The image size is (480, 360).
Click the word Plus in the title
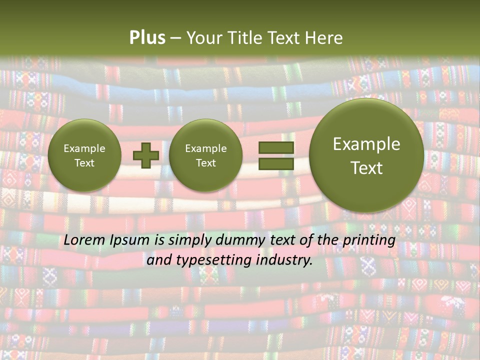(x=147, y=38)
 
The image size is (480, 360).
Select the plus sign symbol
(x=145, y=155)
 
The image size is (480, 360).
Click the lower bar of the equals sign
(x=276, y=164)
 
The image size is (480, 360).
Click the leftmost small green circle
(x=84, y=155)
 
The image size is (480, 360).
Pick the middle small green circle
(x=205, y=155)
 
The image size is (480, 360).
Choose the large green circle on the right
(x=366, y=155)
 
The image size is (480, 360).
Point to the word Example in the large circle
(x=366, y=144)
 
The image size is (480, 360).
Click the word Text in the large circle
(x=366, y=168)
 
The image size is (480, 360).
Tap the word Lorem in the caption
(x=84, y=240)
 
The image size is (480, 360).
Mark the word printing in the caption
(x=369, y=240)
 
